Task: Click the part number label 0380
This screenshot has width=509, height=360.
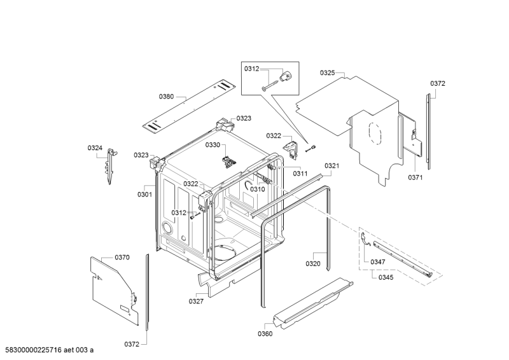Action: pyautogui.click(x=166, y=97)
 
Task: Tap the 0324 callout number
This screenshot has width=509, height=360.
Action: pyautogui.click(x=95, y=148)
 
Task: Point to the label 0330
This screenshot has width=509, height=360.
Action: pyautogui.click(x=212, y=145)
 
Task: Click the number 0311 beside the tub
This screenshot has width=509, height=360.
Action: pyautogui.click(x=300, y=174)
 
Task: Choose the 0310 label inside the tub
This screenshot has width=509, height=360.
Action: pyautogui.click(x=257, y=189)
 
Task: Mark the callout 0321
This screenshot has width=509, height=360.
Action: pyautogui.click(x=332, y=166)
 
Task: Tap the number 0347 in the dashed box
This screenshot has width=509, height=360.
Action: pyautogui.click(x=378, y=262)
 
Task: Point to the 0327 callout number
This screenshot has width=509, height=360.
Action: pyautogui.click(x=196, y=301)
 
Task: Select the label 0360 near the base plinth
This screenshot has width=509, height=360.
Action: pyautogui.click(x=265, y=334)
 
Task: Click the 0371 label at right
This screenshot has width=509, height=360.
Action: pyautogui.click(x=415, y=177)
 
